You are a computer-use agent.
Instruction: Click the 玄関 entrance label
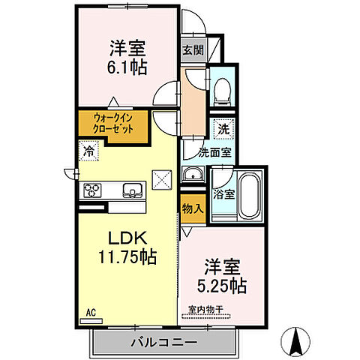coord(192,52)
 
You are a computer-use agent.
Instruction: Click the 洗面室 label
coord(199,152)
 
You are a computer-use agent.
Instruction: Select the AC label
coord(90,311)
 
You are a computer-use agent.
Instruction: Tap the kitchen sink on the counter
coord(133,189)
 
